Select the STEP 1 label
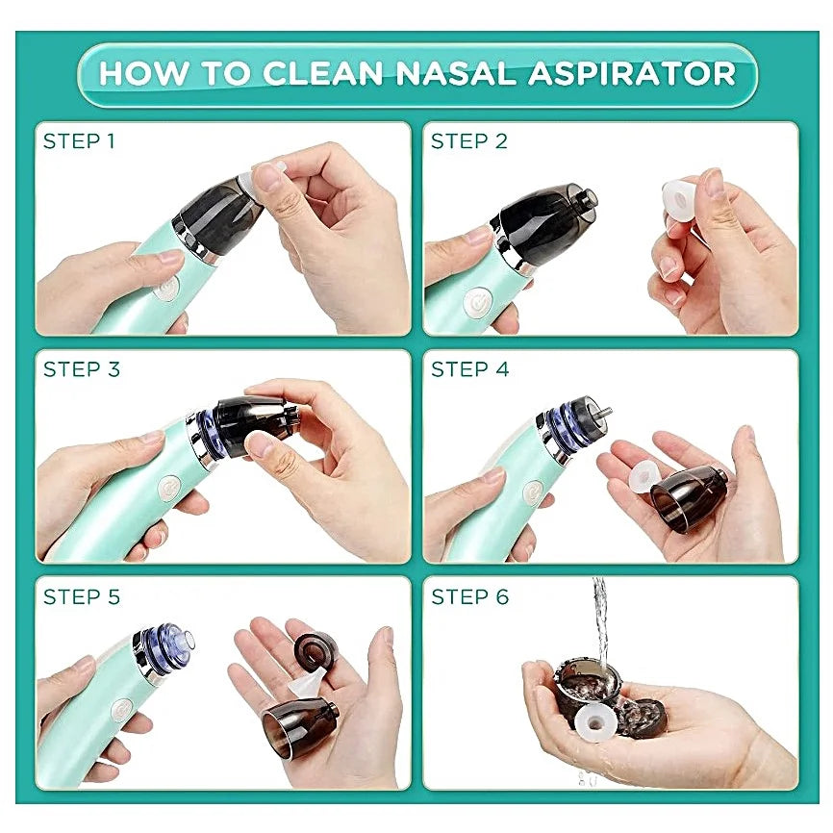79,141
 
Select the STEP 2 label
468,141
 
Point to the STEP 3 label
81,369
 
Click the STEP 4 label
469,369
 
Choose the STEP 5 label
81,597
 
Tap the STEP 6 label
469,597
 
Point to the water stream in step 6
600,616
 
